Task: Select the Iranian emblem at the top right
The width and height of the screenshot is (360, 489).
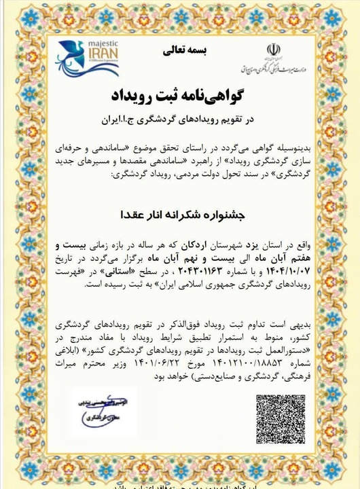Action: [x=272, y=50]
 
